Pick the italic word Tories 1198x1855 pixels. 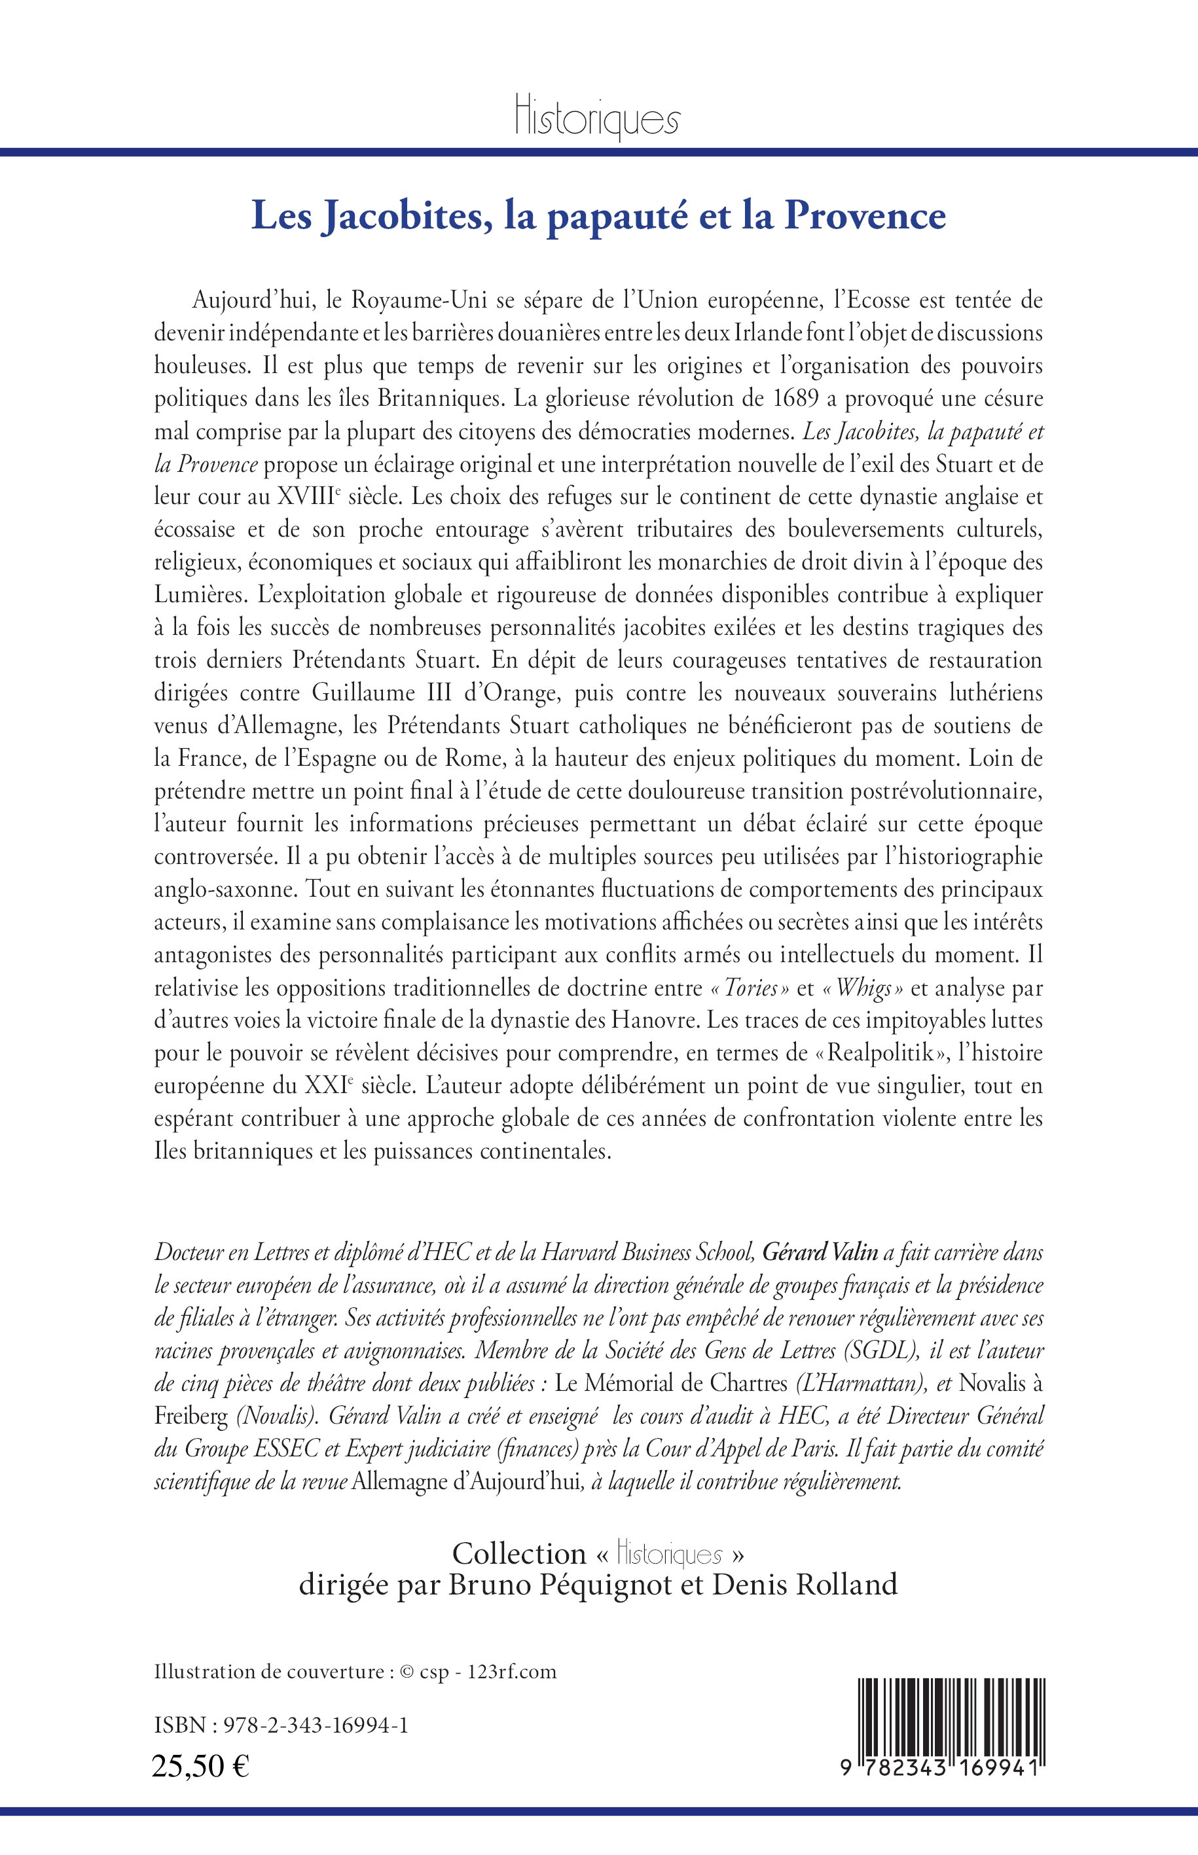point(750,988)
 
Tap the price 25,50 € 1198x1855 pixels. point(201,1761)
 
